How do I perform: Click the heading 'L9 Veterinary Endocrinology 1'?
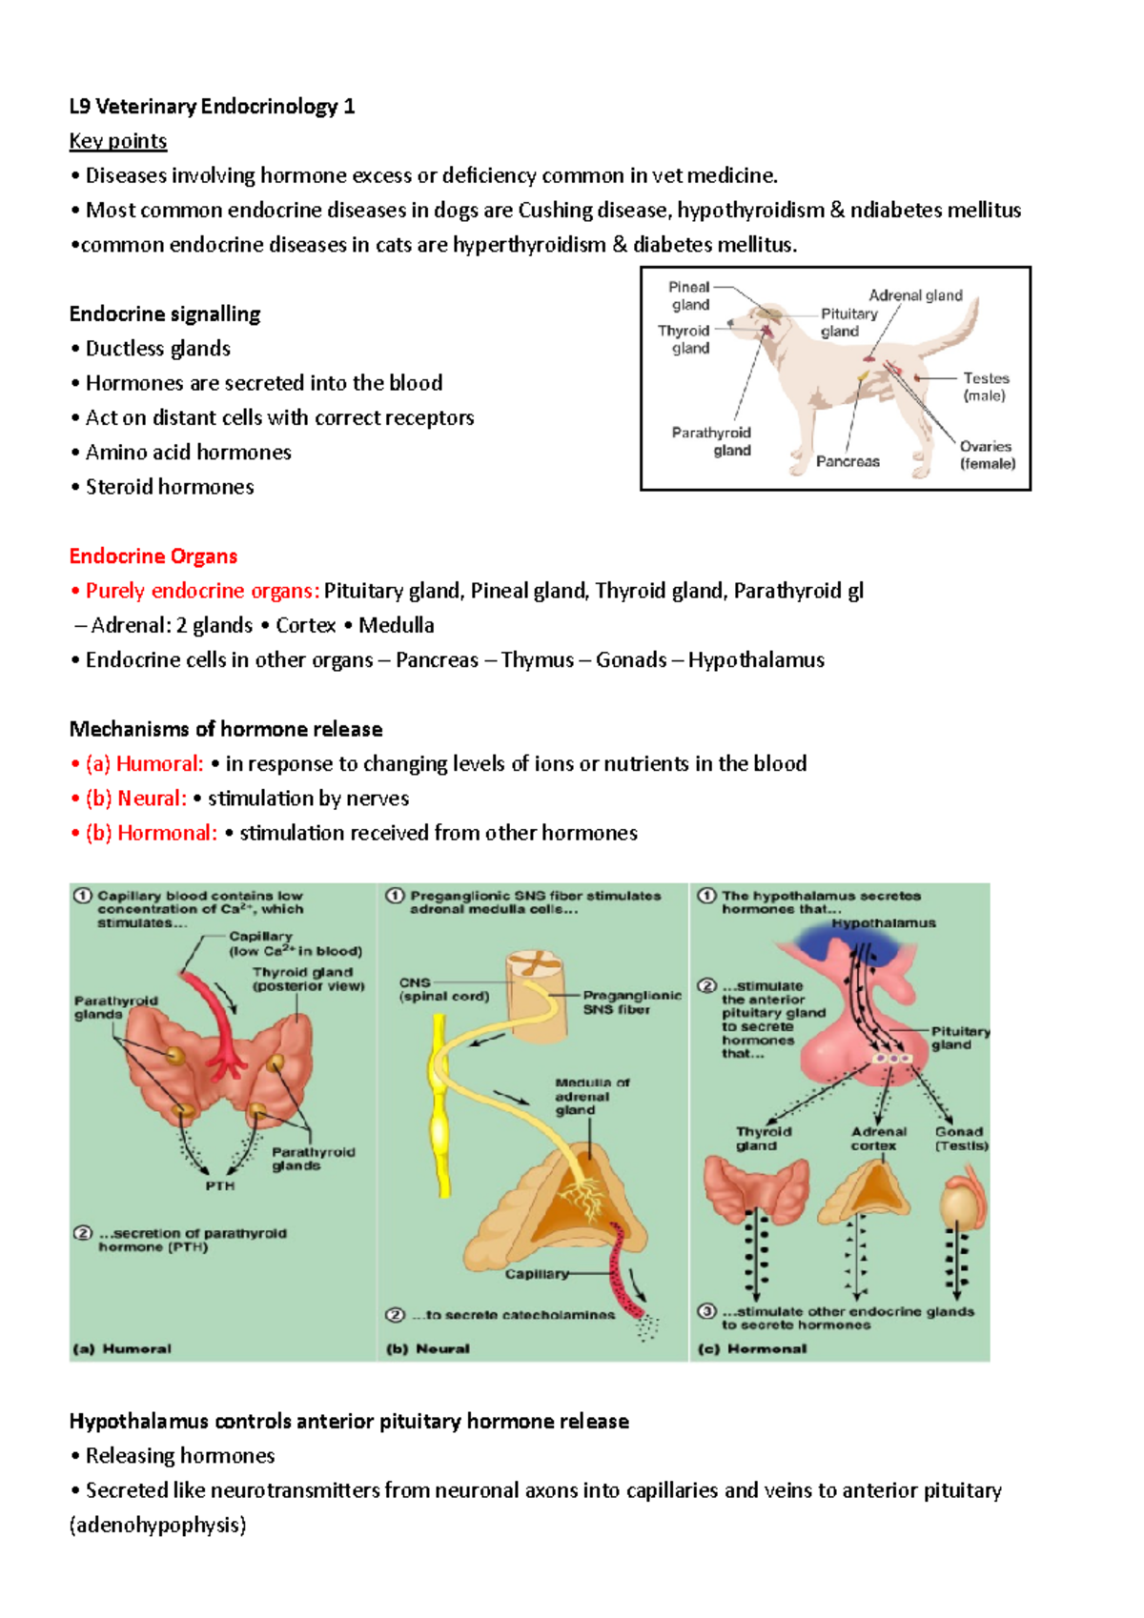pos(212,106)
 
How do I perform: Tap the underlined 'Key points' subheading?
pos(118,141)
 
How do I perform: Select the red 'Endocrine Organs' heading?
pos(153,556)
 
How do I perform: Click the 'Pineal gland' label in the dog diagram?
pos(689,295)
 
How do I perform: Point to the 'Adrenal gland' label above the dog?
pos(915,295)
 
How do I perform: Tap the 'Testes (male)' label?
pos(985,387)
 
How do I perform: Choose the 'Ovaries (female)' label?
pos(987,455)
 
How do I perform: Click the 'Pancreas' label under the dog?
pos(848,461)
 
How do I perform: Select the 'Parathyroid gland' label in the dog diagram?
pos(712,441)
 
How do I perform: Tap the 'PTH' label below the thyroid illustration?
pos(219,1185)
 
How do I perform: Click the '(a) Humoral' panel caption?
pos(123,1348)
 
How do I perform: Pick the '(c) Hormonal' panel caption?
pos(752,1348)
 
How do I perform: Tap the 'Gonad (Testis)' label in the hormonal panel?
pos(960,1139)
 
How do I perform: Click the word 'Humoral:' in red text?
pos(159,763)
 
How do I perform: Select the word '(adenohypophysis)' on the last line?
pos(158,1525)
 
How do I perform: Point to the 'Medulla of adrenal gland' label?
pos(591,1096)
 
